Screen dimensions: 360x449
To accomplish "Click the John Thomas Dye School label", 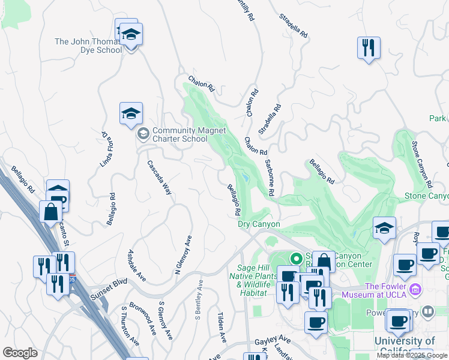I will (x=88, y=46).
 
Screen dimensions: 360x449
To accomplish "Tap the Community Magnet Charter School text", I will (x=180, y=134).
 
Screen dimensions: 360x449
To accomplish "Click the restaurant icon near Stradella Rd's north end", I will (x=369, y=47).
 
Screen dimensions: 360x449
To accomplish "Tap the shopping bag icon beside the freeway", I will (x=51, y=212).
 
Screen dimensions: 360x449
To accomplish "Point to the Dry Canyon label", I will (x=259, y=224).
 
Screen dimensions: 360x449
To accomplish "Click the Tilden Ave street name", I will (x=221, y=327).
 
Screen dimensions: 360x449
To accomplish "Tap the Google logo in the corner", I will (x=20, y=353).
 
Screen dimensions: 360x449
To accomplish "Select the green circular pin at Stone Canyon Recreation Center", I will (x=295, y=259).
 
